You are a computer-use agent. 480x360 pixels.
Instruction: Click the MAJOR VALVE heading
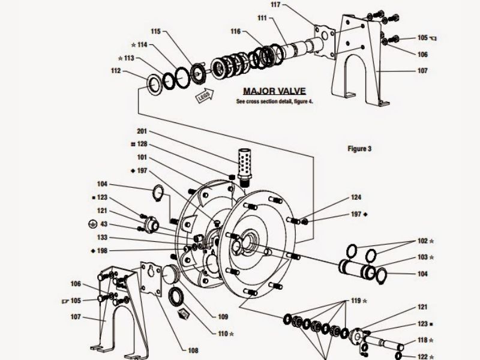(x=274, y=91)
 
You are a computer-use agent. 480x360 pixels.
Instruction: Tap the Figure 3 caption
(x=359, y=149)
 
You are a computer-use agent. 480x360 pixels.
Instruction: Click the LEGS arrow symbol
(x=205, y=96)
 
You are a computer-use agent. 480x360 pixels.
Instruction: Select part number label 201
(x=142, y=131)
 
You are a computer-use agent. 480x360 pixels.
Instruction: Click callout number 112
(x=116, y=71)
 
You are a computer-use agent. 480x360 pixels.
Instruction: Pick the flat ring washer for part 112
(x=154, y=83)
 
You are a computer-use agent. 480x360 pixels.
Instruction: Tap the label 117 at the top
(x=275, y=5)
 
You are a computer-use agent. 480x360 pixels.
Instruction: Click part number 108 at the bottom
(x=193, y=350)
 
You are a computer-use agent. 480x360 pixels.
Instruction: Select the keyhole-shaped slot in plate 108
(x=151, y=271)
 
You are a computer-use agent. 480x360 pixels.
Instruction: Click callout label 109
(x=223, y=317)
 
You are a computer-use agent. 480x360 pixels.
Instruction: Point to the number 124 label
(x=356, y=197)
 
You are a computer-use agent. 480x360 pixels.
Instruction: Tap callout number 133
(x=102, y=237)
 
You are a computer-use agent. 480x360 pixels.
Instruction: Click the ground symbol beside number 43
(x=92, y=224)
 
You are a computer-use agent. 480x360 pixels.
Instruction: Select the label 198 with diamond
(x=99, y=251)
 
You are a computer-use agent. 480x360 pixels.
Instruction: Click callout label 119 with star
(x=359, y=301)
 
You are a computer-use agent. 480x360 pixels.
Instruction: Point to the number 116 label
(x=236, y=31)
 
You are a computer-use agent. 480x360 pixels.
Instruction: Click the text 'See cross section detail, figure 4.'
(x=275, y=101)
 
